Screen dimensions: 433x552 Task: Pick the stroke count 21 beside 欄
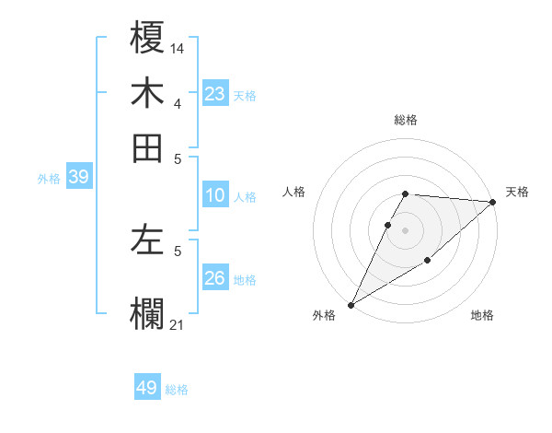coord(178,323)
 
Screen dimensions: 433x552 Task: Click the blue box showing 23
coord(215,94)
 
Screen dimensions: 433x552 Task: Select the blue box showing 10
coord(215,195)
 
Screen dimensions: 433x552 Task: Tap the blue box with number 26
coord(215,278)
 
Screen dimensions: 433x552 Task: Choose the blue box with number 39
coord(78,178)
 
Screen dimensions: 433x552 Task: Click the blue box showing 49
coord(147,388)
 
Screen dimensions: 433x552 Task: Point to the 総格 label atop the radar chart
coord(406,120)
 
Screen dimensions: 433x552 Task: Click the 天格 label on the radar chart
coord(517,192)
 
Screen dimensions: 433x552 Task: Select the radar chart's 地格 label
coord(482,315)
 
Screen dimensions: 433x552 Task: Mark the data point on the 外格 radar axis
coord(351,304)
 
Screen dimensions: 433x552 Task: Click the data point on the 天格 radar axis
coord(493,202)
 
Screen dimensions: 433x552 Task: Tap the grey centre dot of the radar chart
coord(406,230)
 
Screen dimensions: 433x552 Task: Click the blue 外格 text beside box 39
coord(49,179)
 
